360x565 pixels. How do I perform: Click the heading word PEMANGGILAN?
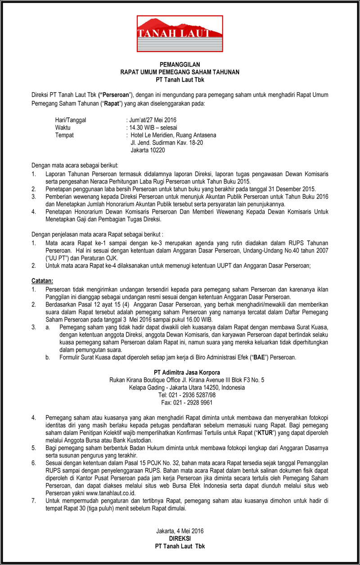(180, 65)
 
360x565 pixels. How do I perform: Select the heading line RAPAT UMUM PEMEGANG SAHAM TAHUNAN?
(180, 72)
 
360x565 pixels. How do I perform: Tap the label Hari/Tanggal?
(70, 120)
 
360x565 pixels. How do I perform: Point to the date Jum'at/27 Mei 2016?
(152, 120)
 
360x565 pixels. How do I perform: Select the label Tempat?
(64, 135)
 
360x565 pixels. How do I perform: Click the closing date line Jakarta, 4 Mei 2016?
(180, 531)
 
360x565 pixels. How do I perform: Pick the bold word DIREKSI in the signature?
(180, 538)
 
